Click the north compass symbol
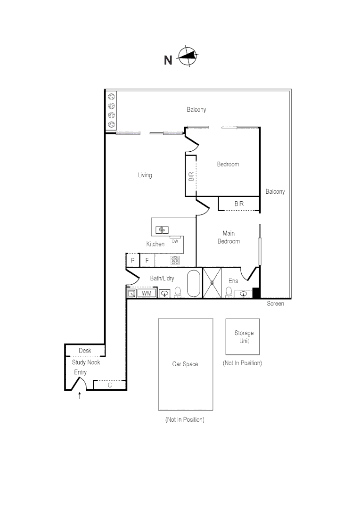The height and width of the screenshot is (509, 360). click(x=188, y=56)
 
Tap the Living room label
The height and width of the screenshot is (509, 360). click(x=145, y=175)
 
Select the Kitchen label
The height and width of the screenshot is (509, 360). click(x=155, y=244)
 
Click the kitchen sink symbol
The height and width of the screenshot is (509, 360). click(x=162, y=230)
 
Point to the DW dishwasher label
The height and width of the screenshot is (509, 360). click(x=175, y=241)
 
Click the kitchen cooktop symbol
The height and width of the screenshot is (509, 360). click(x=175, y=260)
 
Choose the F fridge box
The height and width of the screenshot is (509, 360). click(x=147, y=260)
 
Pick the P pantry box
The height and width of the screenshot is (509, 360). click(x=132, y=260)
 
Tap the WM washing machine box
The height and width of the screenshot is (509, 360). click(x=147, y=293)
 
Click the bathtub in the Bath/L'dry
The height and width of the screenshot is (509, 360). click(x=194, y=283)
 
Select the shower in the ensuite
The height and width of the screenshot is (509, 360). click(x=212, y=282)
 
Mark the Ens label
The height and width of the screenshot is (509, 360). click(x=233, y=281)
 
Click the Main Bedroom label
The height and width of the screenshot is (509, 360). click(x=229, y=237)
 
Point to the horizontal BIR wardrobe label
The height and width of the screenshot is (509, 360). click(x=239, y=204)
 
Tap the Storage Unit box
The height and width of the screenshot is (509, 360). click(x=243, y=337)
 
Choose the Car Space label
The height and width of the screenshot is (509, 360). click(x=185, y=364)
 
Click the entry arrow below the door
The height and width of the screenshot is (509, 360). click(x=80, y=395)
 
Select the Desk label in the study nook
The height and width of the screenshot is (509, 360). click(x=85, y=350)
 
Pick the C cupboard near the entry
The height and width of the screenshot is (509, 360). click(x=110, y=385)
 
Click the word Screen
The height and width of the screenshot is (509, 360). click(x=275, y=304)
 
